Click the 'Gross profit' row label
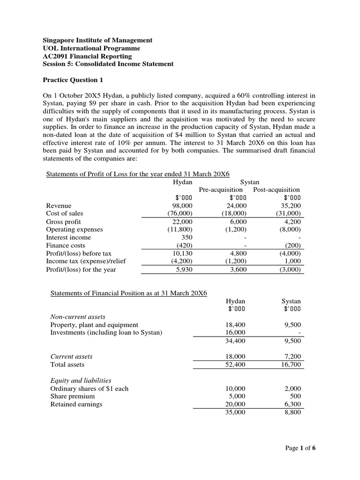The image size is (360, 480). [63, 222]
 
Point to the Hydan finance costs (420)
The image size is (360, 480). [184, 246]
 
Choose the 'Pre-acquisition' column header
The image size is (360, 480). [221, 189]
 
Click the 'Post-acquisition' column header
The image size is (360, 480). [276, 189]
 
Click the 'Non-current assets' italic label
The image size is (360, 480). [77, 316]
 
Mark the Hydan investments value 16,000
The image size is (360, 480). [235, 332]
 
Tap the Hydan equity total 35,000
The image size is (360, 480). [235, 412]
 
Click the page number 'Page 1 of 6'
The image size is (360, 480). [300, 449]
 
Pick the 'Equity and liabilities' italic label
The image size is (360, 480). [81, 380]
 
